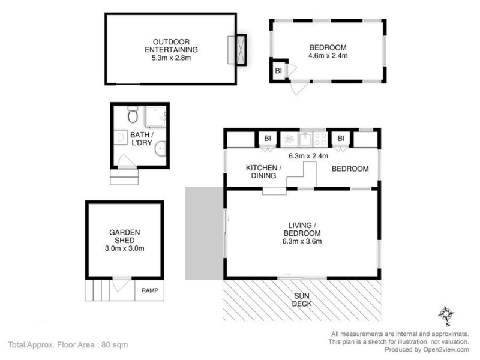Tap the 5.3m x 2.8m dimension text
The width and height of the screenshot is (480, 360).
(170, 58)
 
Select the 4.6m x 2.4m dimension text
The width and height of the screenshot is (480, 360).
(328, 56)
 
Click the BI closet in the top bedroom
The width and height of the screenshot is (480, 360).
(278, 71)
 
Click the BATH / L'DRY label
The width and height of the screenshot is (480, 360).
(142, 139)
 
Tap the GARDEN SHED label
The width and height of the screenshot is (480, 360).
(125, 236)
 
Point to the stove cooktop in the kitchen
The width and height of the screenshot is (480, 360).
(320, 139)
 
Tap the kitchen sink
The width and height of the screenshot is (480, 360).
(305, 139)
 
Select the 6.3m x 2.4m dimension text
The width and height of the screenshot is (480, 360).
(308, 156)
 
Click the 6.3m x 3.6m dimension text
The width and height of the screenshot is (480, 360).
(302, 242)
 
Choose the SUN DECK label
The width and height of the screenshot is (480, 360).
(302, 300)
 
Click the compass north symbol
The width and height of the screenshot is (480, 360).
(445, 314)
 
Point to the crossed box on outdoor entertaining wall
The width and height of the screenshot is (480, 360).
(237, 49)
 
